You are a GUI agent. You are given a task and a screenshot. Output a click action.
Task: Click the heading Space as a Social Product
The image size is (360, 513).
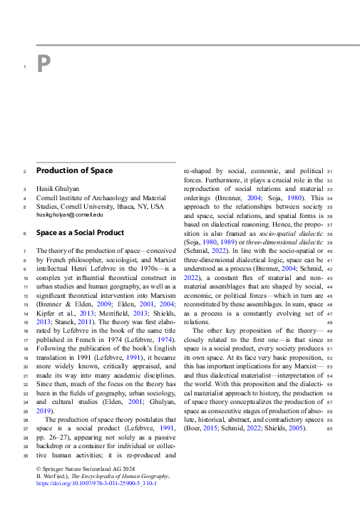click(x=80, y=233)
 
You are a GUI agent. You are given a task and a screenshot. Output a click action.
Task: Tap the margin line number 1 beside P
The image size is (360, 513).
click(x=24, y=68)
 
